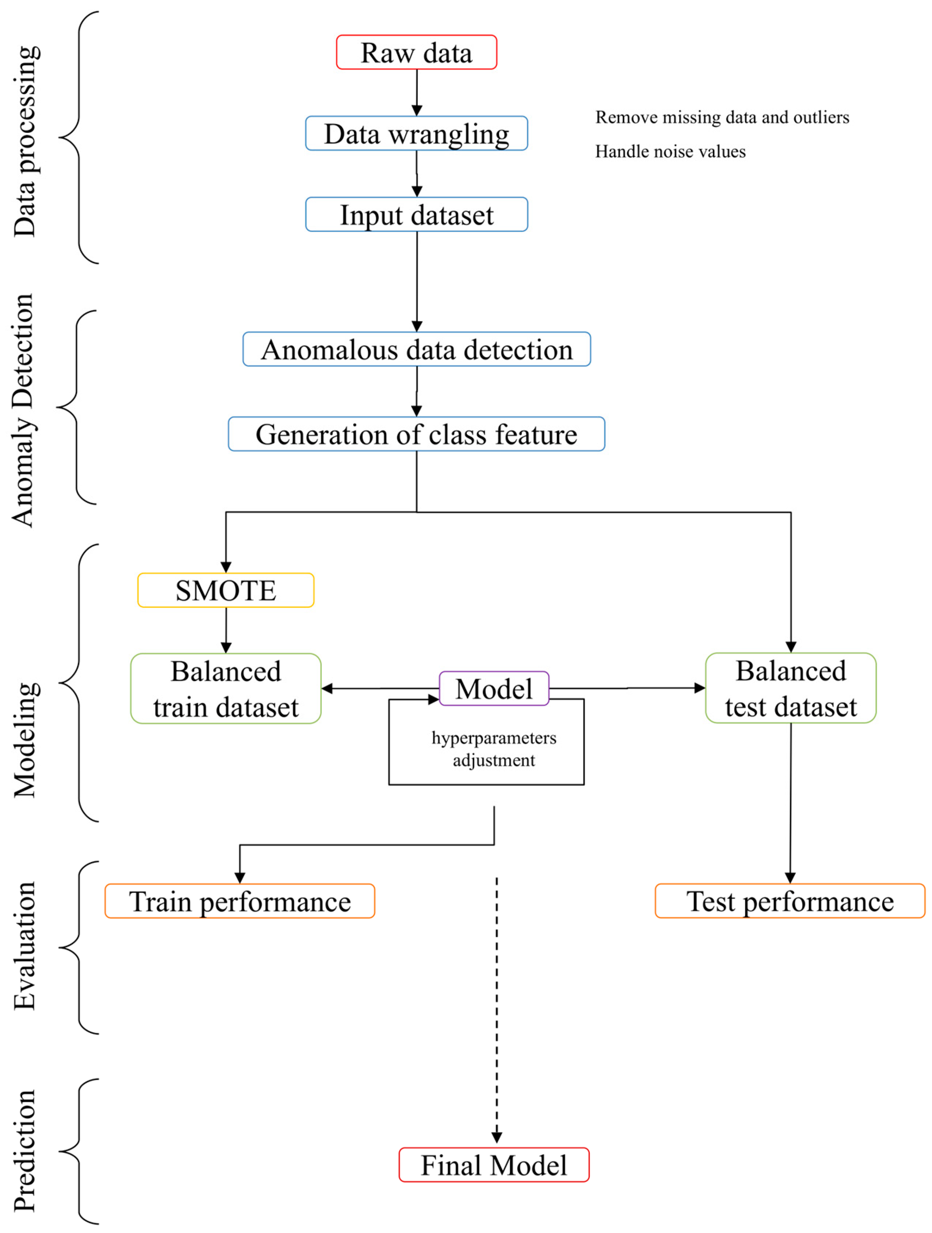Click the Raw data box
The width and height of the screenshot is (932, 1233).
click(x=416, y=52)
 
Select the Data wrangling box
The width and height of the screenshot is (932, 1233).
click(x=416, y=133)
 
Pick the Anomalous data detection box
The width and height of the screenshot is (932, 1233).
click(x=416, y=349)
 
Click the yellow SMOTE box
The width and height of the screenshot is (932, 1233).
click(x=226, y=590)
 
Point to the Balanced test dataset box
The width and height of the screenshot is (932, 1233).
click(x=791, y=688)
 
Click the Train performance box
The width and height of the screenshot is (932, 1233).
click(x=239, y=901)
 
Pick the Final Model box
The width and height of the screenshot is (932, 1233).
click(x=494, y=1165)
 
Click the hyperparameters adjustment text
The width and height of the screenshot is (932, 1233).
click(x=494, y=749)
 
